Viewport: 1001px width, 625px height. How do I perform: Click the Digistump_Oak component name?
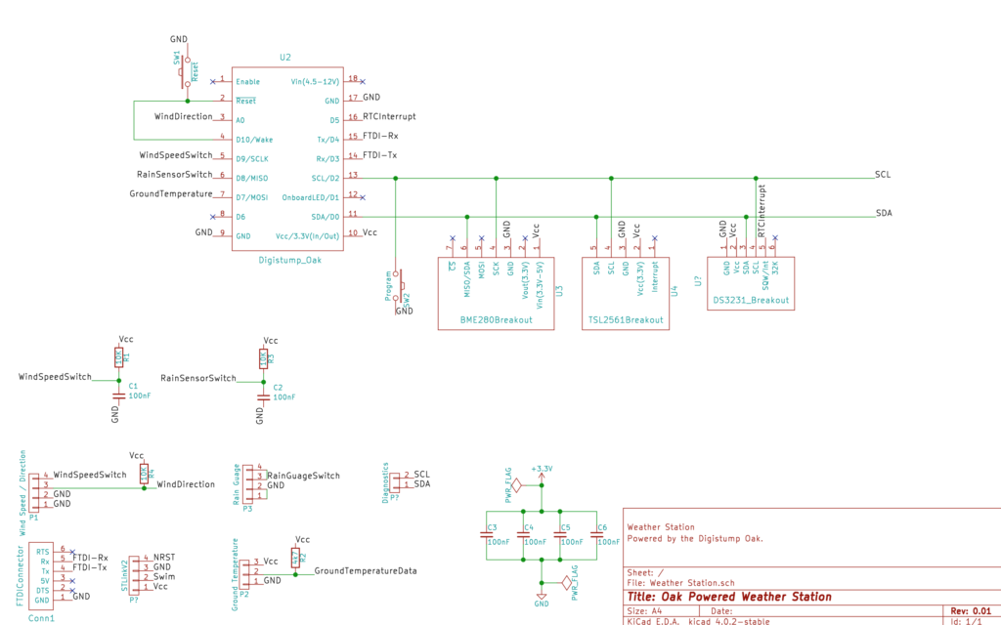pyautogui.click(x=289, y=260)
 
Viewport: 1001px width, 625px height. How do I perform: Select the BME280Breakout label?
pyautogui.click(x=496, y=320)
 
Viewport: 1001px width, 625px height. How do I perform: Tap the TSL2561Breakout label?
pyautogui.click(x=626, y=320)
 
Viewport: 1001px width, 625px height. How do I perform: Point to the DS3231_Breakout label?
pyautogui.click(x=751, y=300)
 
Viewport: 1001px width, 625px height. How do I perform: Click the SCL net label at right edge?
pyautogui.click(x=883, y=174)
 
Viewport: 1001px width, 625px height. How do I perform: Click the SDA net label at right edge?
pyautogui.click(x=883, y=212)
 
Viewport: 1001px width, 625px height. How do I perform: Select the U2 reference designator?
pyautogui.click(x=285, y=58)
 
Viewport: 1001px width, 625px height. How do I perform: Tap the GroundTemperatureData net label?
pyautogui.click(x=366, y=570)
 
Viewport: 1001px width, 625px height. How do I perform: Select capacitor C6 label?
pyautogui.click(x=602, y=527)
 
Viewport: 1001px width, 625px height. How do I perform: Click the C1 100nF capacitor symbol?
pyautogui.click(x=118, y=396)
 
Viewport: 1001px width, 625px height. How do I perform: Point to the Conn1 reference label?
pyautogui.click(x=41, y=618)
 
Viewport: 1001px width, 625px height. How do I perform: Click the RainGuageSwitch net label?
pyautogui.click(x=304, y=476)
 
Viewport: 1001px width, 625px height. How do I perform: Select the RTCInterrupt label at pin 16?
pyautogui.click(x=389, y=117)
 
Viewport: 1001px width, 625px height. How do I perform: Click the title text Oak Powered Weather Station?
pyautogui.click(x=728, y=597)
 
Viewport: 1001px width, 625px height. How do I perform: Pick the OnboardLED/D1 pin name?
pyautogui.click(x=312, y=197)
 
